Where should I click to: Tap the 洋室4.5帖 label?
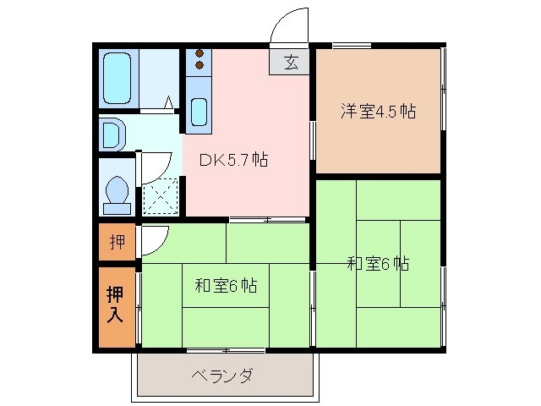(x=378, y=112)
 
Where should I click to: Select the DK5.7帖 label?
(x=233, y=159)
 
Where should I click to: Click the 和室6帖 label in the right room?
(x=378, y=264)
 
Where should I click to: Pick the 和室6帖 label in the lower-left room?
(x=226, y=286)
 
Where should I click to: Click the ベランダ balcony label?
(x=221, y=376)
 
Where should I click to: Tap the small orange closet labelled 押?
(x=117, y=243)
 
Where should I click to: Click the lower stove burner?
(x=199, y=65)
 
